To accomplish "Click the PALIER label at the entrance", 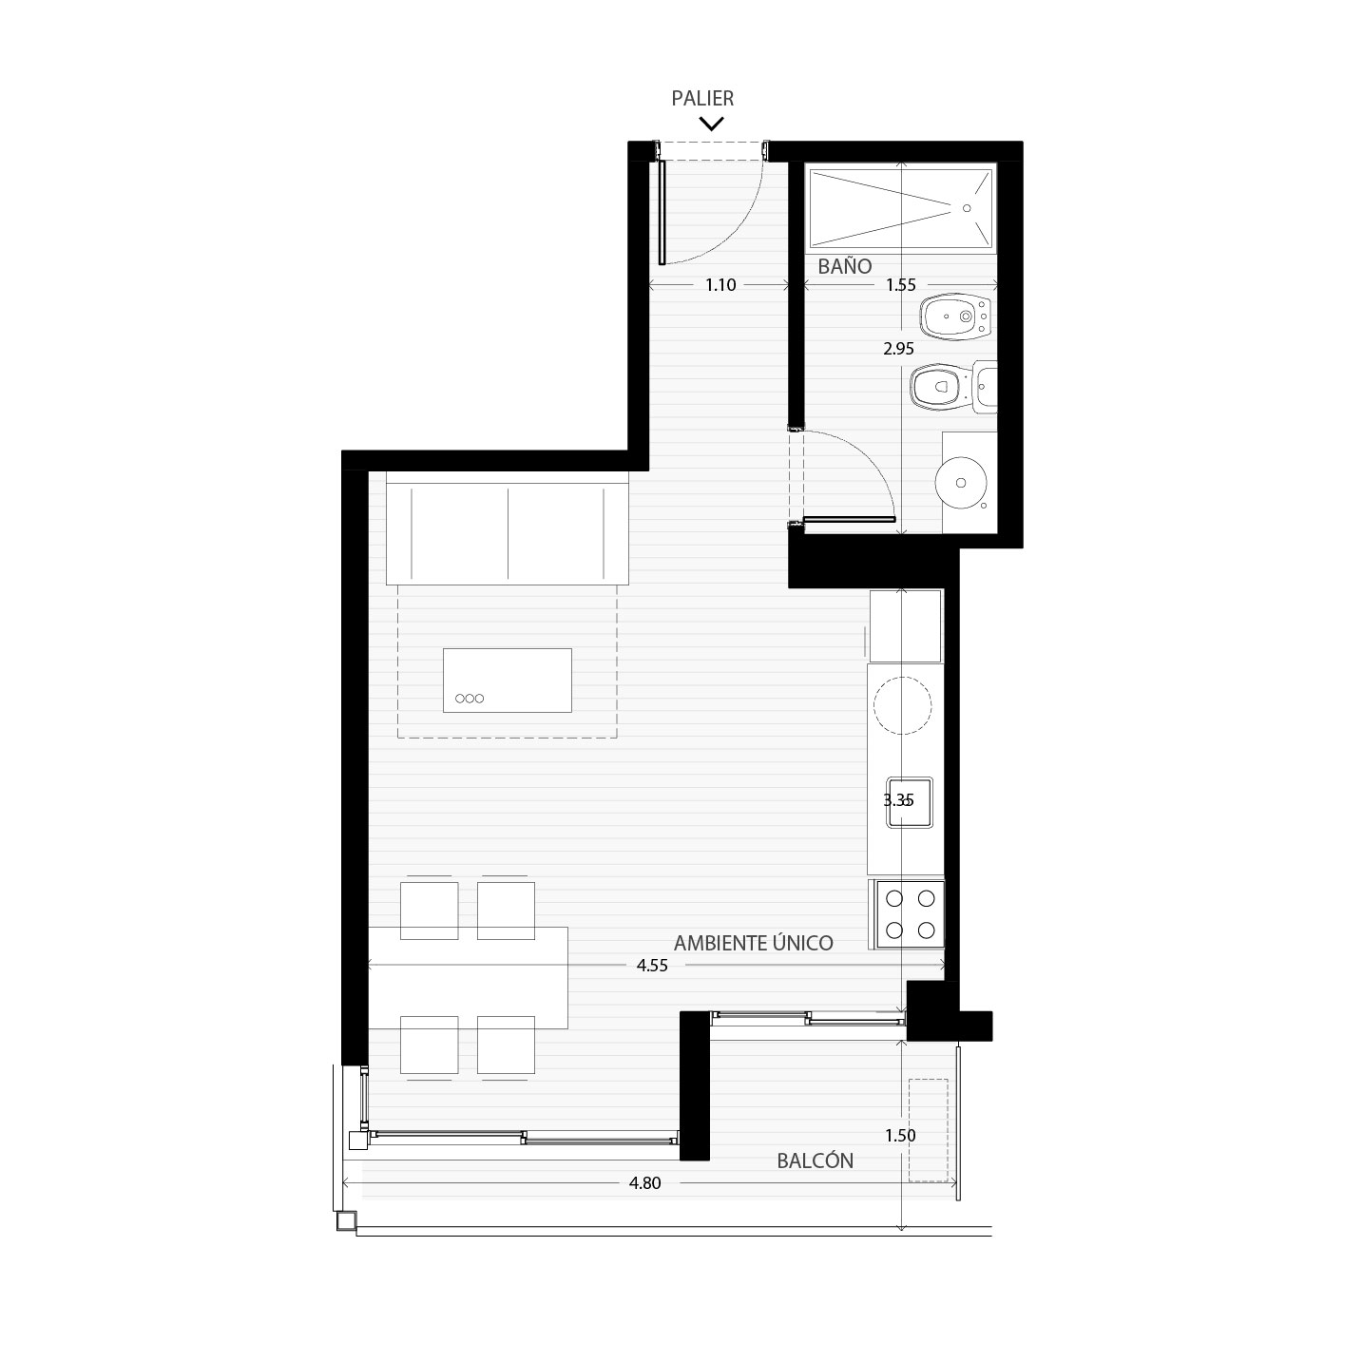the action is pos(702,98).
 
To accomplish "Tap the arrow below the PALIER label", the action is pos(712,125).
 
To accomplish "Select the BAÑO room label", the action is pos(845,267).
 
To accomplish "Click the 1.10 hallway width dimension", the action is pos(720,285).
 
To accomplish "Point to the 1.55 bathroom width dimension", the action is pos(900,285).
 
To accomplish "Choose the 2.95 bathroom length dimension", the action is pos(898,348).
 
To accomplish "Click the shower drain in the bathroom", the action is pos(967,208).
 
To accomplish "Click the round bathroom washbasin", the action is pos(961,483).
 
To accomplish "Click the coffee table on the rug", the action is pos(508,680).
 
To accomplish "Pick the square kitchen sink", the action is pos(911,801).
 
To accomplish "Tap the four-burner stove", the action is pos(909,913).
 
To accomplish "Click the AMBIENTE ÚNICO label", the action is pos(754,943).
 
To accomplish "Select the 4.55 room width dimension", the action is pos(652,966).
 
